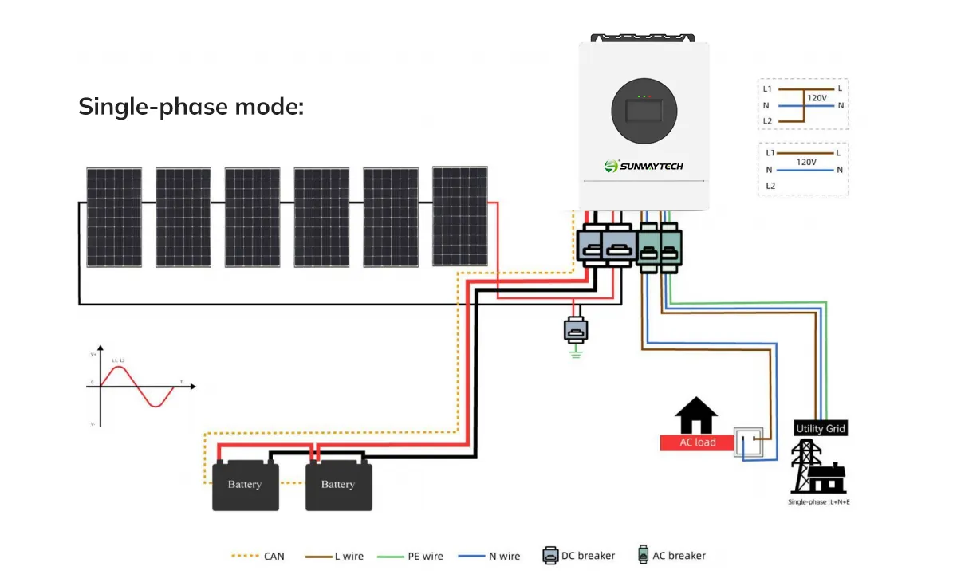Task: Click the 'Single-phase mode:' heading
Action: click(191, 106)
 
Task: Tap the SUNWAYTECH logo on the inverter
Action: click(644, 166)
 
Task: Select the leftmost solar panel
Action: click(114, 217)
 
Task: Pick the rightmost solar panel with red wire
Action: click(460, 216)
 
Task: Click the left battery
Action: click(245, 484)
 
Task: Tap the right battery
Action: click(338, 484)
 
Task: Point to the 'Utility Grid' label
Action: click(820, 429)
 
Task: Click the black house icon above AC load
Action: click(696, 415)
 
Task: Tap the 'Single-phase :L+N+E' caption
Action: click(818, 501)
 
